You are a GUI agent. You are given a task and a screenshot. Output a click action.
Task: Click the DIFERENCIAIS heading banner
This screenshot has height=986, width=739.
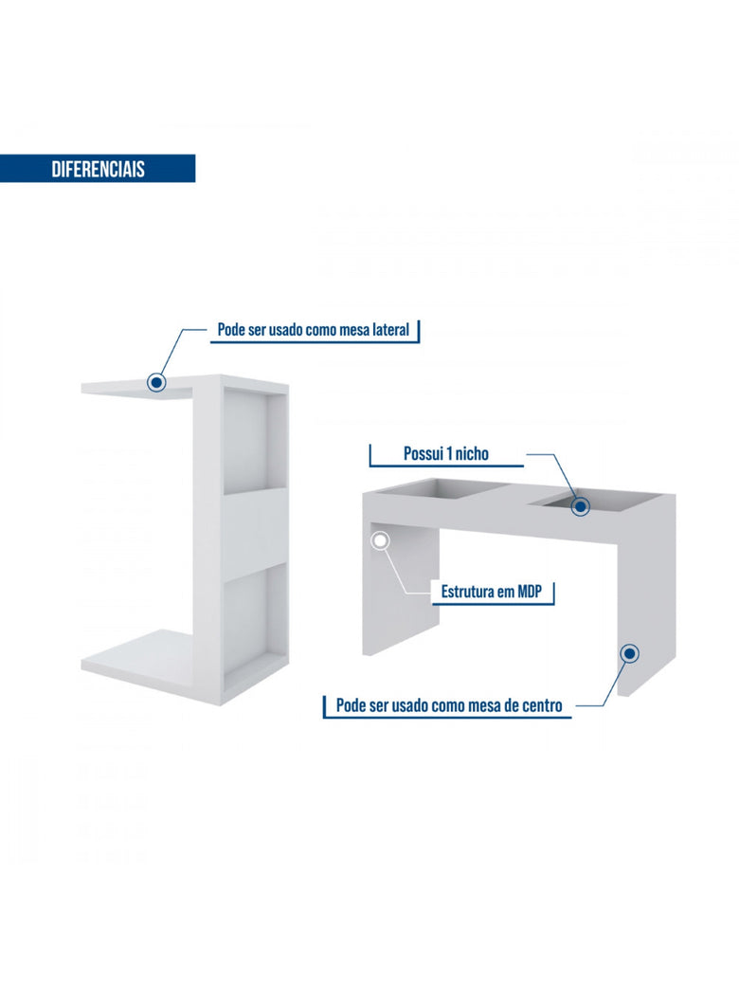click(98, 169)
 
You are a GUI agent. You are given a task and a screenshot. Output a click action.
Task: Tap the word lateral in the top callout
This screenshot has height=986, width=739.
click(390, 330)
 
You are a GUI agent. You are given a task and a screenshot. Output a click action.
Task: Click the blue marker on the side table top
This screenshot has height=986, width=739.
click(156, 382)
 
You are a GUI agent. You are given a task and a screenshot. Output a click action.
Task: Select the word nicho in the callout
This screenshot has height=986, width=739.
click(472, 453)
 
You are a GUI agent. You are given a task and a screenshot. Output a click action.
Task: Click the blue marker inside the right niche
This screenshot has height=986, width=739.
click(582, 505)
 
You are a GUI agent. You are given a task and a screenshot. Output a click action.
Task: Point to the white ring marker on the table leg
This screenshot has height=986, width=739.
click(380, 540)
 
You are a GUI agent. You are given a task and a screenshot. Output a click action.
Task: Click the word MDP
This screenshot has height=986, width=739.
click(529, 591)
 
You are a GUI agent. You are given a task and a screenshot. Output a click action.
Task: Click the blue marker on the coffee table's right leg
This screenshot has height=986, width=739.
click(630, 653)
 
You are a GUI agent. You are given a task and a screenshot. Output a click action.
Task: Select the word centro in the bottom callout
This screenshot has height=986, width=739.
click(541, 705)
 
